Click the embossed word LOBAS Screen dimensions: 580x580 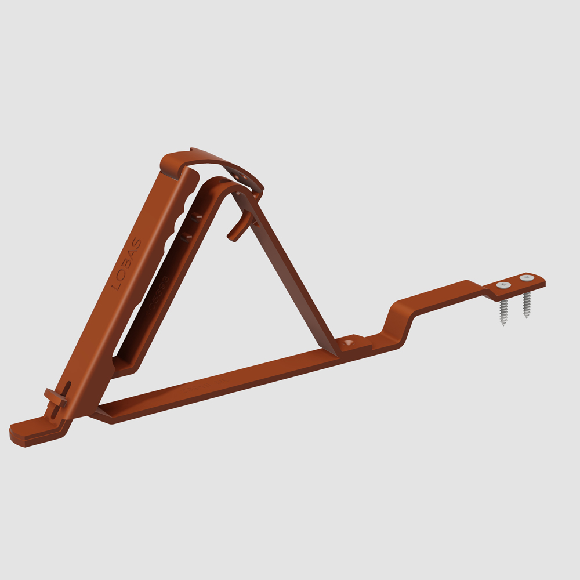click(x=126, y=263)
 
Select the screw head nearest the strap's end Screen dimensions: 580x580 click(x=527, y=278)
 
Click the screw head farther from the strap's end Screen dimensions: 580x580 click(x=503, y=285)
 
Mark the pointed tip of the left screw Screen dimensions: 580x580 click(x=503, y=324)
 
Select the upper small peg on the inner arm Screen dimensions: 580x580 click(x=197, y=217)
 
